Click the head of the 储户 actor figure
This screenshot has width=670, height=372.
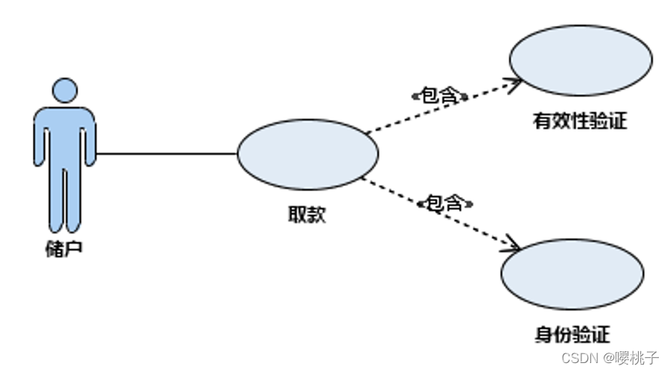pos(65,90)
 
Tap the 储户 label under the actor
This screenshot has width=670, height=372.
pos(64,248)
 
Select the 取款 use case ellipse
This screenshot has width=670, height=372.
pos(307,154)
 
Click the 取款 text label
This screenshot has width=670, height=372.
pos(307,215)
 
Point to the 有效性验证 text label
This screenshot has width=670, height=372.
pos(580,121)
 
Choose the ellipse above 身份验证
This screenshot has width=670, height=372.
pos(572,275)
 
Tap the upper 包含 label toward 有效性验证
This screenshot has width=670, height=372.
pos(439,95)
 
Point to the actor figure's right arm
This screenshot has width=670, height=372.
pos(90,138)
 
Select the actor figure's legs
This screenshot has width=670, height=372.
pos(65,201)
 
